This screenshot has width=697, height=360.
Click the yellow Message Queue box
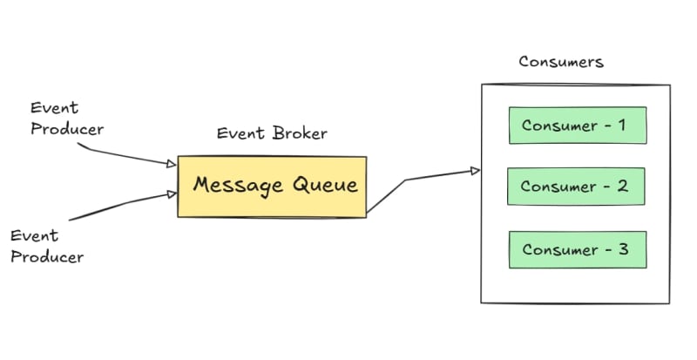tap(272, 186)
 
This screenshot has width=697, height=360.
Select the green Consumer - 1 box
tap(578, 125)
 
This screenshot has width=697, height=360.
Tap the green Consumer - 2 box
tap(576, 187)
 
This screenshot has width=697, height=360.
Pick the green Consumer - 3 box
tap(578, 249)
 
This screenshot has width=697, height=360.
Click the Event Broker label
tap(272, 133)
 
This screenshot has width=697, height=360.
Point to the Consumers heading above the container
tap(561, 62)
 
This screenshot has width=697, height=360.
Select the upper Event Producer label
tap(66, 119)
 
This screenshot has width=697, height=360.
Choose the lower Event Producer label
tap(47, 246)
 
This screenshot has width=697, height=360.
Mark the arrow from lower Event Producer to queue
tap(122, 205)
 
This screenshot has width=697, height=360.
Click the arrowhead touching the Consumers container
tap(475, 171)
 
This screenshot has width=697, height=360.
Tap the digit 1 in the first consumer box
tap(621, 125)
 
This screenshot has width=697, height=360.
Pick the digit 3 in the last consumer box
tap(622, 249)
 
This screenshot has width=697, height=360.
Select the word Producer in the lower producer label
tap(47, 256)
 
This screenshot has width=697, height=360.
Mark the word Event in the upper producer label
tap(54, 108)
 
